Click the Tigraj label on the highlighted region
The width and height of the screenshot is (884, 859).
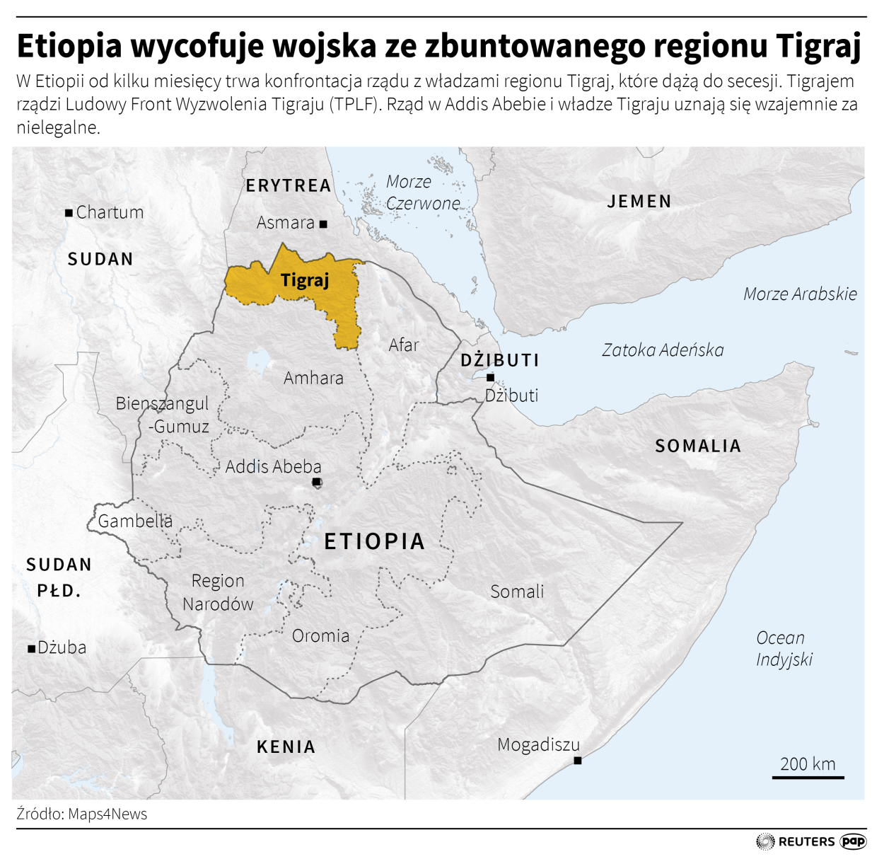[x=305, y=280]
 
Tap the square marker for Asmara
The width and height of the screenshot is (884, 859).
[x=323, y=224]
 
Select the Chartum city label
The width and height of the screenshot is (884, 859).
[x=110, y=212]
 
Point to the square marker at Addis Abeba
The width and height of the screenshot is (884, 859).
[x=317, y=483]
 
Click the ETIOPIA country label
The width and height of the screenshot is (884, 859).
[x=374, y=542]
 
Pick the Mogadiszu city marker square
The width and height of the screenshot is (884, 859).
[x=578, y=761]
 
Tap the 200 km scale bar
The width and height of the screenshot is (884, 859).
[x=808, y=777]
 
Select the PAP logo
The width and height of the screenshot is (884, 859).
[x=853, y=841]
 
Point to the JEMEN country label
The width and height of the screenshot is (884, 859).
[x=639, y=202]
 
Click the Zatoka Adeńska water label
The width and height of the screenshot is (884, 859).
[x=663, y=350]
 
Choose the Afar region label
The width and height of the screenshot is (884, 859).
[x=404, y=345]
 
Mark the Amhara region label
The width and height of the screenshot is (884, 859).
[x=313, y=379]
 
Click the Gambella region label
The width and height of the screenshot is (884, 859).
[x=135, y=521]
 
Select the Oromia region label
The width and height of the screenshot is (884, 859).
[x=320, y=636]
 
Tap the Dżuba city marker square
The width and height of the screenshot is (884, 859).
[x=31, y=648]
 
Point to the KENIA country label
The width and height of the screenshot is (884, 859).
[x=286, y=747]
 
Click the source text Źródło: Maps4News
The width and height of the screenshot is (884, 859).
[x=82, y=814]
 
